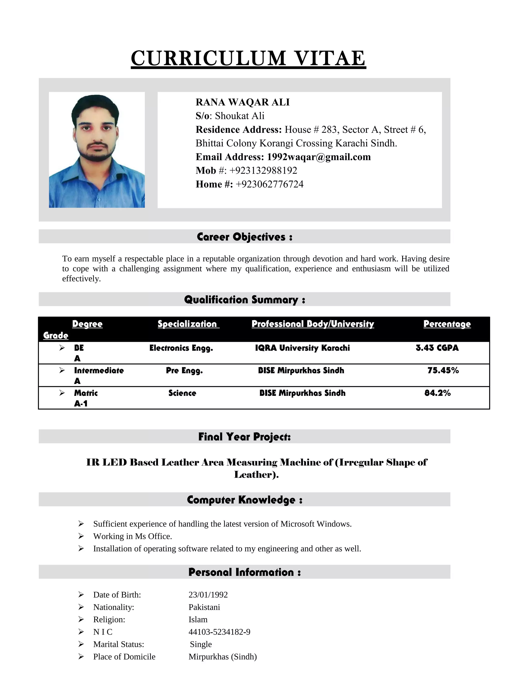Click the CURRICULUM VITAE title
pos(248,59)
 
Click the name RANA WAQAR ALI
pos(242,102)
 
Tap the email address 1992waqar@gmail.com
pos(318,157)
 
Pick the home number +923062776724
pos(269,184)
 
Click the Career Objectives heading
pos(245,237)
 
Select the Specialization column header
pos(188,324)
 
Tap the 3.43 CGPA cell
pos(437,348)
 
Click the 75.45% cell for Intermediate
pos(443,370)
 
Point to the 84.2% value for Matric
pos(437,393)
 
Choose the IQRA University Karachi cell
pos(302,348)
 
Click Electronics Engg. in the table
pos(181,348)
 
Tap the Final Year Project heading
pos(245,437)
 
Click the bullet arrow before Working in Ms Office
pos(81,536)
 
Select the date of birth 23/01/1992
pos(208,595)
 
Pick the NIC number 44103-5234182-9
pos(219,632)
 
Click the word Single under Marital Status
pos(201,644)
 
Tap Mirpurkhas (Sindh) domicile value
pos(222,656)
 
